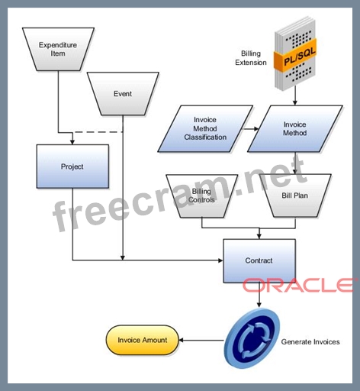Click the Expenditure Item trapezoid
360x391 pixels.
pos(58,49)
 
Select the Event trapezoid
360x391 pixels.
pos(123,94)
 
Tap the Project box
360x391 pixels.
pos(72,166)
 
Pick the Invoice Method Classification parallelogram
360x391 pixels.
pos(205,128)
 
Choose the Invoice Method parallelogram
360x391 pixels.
pos(295,128)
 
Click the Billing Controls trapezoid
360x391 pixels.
pos(202,195)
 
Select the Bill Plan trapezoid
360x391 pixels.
pos(295,195)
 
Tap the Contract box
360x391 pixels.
pos(259,260)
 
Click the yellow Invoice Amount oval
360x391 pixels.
pos(142,340)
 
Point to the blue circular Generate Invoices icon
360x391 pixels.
pos(252,338)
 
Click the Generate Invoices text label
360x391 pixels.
pos(310,342)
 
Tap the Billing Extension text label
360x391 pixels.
pos(251,58)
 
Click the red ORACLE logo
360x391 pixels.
pos(297,285)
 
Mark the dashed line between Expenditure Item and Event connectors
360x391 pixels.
pos(99,132)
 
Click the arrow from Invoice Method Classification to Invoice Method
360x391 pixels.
pos(250,129)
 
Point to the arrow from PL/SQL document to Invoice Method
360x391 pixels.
pos(295,95)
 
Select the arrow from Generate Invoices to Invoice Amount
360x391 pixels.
pos(201,340)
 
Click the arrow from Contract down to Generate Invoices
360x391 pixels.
pos(259,295)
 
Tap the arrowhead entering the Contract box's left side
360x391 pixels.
pos(220,260)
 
